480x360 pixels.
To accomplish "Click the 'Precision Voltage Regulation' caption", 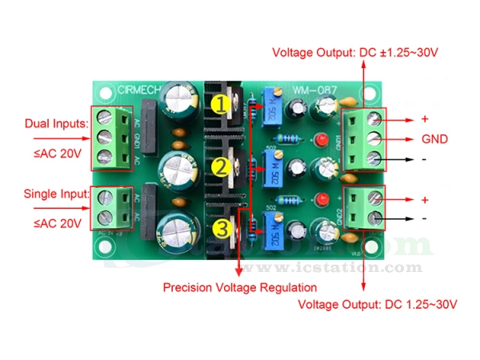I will [x=240, y=287].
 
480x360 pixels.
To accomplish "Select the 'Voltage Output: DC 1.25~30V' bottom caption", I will [x=378, y=305].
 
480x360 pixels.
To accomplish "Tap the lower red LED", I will [x=322, y=199].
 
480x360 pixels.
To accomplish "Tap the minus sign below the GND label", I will [x=425, y=158].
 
